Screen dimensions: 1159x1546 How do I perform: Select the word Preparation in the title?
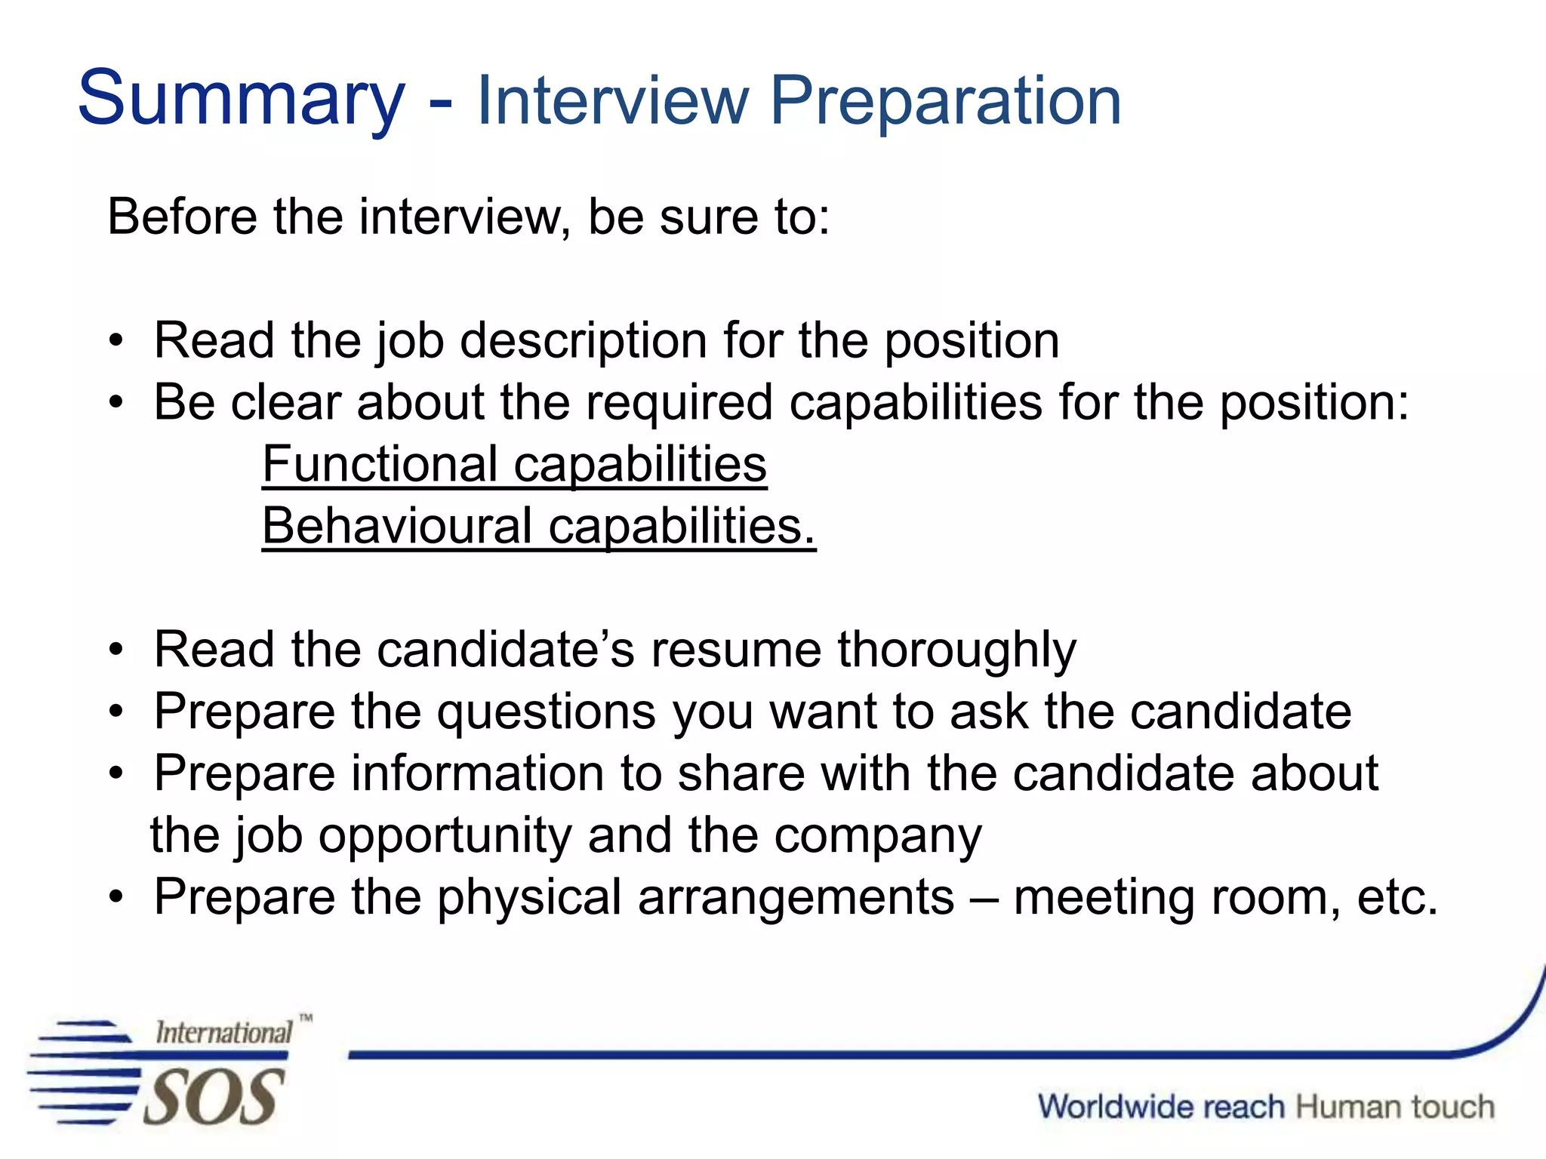[x=945, y=102]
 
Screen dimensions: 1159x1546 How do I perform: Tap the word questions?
[x=547, y=713]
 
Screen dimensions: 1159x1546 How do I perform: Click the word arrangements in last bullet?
[x=796, y=898]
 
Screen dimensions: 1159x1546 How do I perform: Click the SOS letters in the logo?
[x=214, y=1098]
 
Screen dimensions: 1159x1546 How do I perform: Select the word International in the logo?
[x=223, y=1032]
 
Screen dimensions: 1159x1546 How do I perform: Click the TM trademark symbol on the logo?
[x=305, y=1018]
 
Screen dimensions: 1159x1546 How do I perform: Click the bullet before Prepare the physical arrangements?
[x=115, y=897]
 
